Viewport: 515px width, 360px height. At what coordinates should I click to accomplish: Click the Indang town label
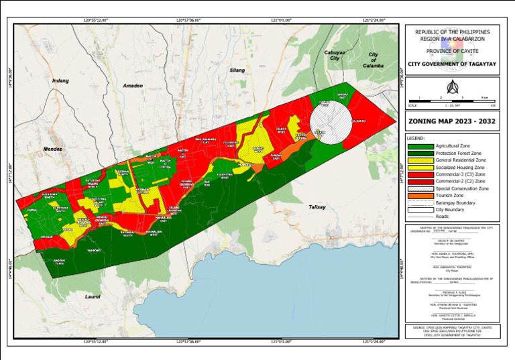(x=60, y=80)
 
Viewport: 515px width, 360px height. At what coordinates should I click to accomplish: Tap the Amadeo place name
(x=133, y=86)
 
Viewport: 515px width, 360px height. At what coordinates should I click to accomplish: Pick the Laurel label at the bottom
(x=93, y=296)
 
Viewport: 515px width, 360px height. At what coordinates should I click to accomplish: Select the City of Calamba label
(x=373, y=60)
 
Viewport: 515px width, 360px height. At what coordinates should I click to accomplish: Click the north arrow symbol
(x=452, y=87)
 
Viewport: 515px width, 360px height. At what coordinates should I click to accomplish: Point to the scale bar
(x=452, y=101)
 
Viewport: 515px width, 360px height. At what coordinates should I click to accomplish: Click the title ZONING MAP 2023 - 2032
(x=452, y=122)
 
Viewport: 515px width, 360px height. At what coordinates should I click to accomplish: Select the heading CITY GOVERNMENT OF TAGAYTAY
(x=452, y=64)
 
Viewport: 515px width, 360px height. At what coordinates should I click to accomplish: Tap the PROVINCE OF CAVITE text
(x=452, y=50)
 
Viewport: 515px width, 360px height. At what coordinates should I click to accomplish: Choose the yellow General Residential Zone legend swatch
(x=420, y=160)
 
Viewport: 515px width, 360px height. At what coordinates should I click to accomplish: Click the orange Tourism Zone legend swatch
(x=420, y=196)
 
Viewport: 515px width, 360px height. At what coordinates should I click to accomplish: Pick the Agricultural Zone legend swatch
(x=420, y=145)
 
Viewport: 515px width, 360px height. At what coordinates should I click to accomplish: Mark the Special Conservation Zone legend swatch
(x=420, y=188)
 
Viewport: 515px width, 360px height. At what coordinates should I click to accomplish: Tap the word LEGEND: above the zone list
(x=418, y=138)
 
